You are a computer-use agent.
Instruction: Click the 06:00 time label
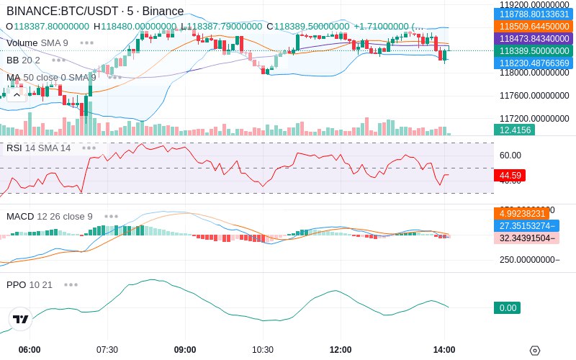point(30,350)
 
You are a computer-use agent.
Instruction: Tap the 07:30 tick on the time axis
point(107,350)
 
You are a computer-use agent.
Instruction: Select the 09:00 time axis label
point(185,350)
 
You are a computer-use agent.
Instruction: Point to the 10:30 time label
point(263,350)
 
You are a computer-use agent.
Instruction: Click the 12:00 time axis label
point(341,350)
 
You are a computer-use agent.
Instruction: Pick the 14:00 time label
point(444,350)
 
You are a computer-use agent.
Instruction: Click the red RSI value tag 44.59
point(510,175)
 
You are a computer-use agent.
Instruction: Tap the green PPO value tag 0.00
point(507,308)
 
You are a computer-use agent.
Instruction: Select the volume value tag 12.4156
point(514,130)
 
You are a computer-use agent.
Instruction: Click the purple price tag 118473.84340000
point(534,38)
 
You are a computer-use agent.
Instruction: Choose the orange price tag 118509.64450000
point(534,26)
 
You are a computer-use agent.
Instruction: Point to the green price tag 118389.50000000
point(534,51)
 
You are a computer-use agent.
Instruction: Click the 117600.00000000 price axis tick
point(534,96)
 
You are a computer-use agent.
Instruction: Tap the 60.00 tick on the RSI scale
point(510,155)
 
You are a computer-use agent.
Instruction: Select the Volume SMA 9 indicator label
point(37,42)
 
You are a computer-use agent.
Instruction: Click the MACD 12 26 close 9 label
point(50,216)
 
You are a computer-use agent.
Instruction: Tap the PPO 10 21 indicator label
point(30,284)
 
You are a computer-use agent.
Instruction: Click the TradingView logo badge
point(21,319)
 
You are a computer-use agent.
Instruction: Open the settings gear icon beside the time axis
point(534,351)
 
